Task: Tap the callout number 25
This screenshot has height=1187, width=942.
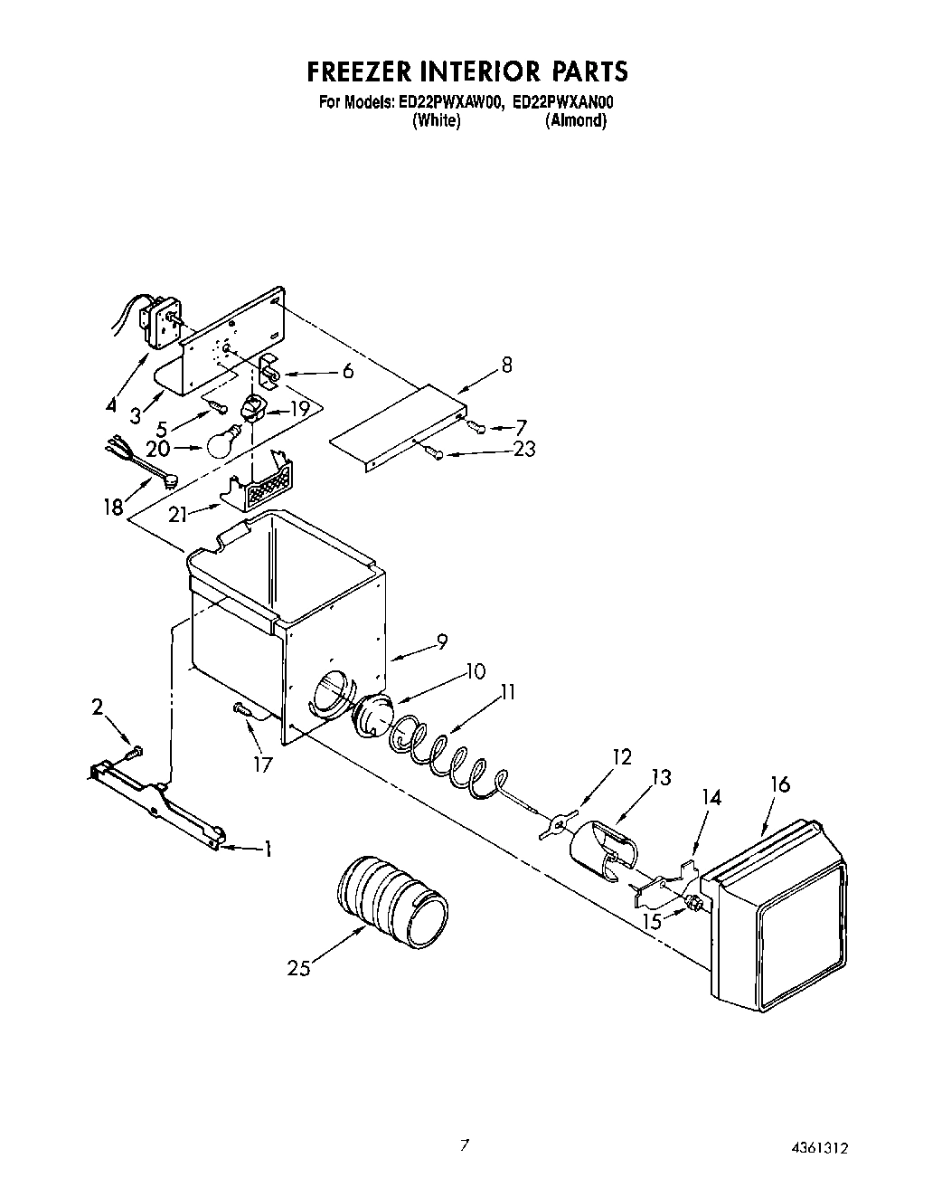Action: pyautogui.click(x=299, y=968)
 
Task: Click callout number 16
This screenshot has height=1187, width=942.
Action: pyautogui.click(x=778, y=783)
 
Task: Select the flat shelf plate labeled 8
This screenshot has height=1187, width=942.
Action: pyautogui.click(x=399, y=425)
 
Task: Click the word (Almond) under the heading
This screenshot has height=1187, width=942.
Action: pyautogui.click(x=575, y=121)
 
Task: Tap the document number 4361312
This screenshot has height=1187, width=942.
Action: pyautogui.click(x=817, y=1148)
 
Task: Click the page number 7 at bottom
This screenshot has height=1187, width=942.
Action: pyautogui.click(x=465, y=1144)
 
